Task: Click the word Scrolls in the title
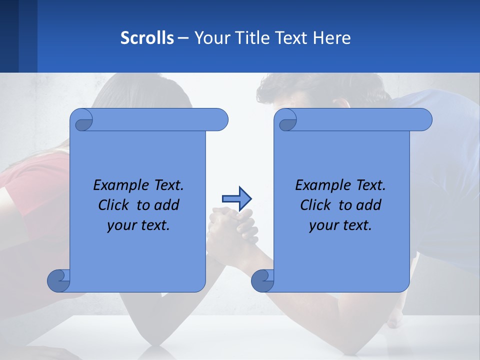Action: (147, 38)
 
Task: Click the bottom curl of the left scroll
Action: (59, 280)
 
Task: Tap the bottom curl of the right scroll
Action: (263, 280)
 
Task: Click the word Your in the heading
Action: (209, 38)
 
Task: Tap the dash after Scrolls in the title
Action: (183, 38)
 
